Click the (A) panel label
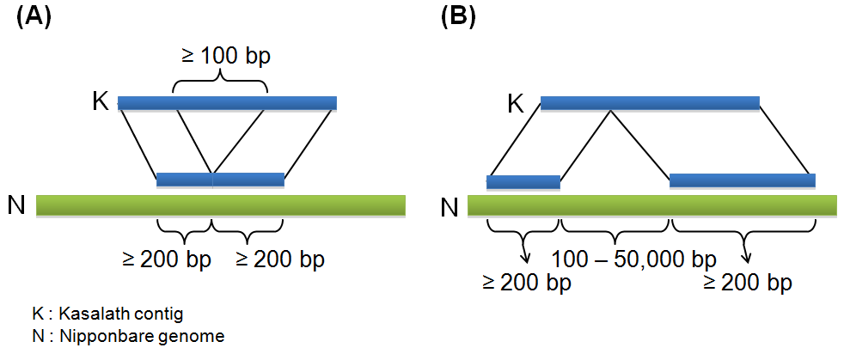pos(34,18)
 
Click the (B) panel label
pos(458,18)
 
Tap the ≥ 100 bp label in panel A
pos(226,57)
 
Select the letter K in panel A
pos(101,101)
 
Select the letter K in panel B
pos(516,104)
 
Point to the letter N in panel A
pos(16,205)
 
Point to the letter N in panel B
pos(450,208)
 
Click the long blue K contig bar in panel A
pos(227,103)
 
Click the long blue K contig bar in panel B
pos(650,103)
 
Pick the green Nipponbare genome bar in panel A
pos(221,205)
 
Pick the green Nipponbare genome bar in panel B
pos(651,205)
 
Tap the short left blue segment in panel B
pos(523,182)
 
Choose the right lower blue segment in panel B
pos(743,181)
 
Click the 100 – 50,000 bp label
pos(634,259)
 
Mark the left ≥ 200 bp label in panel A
pos(167,259)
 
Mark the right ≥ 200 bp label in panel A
pos(280,259)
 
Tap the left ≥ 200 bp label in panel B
pos(525,283)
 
